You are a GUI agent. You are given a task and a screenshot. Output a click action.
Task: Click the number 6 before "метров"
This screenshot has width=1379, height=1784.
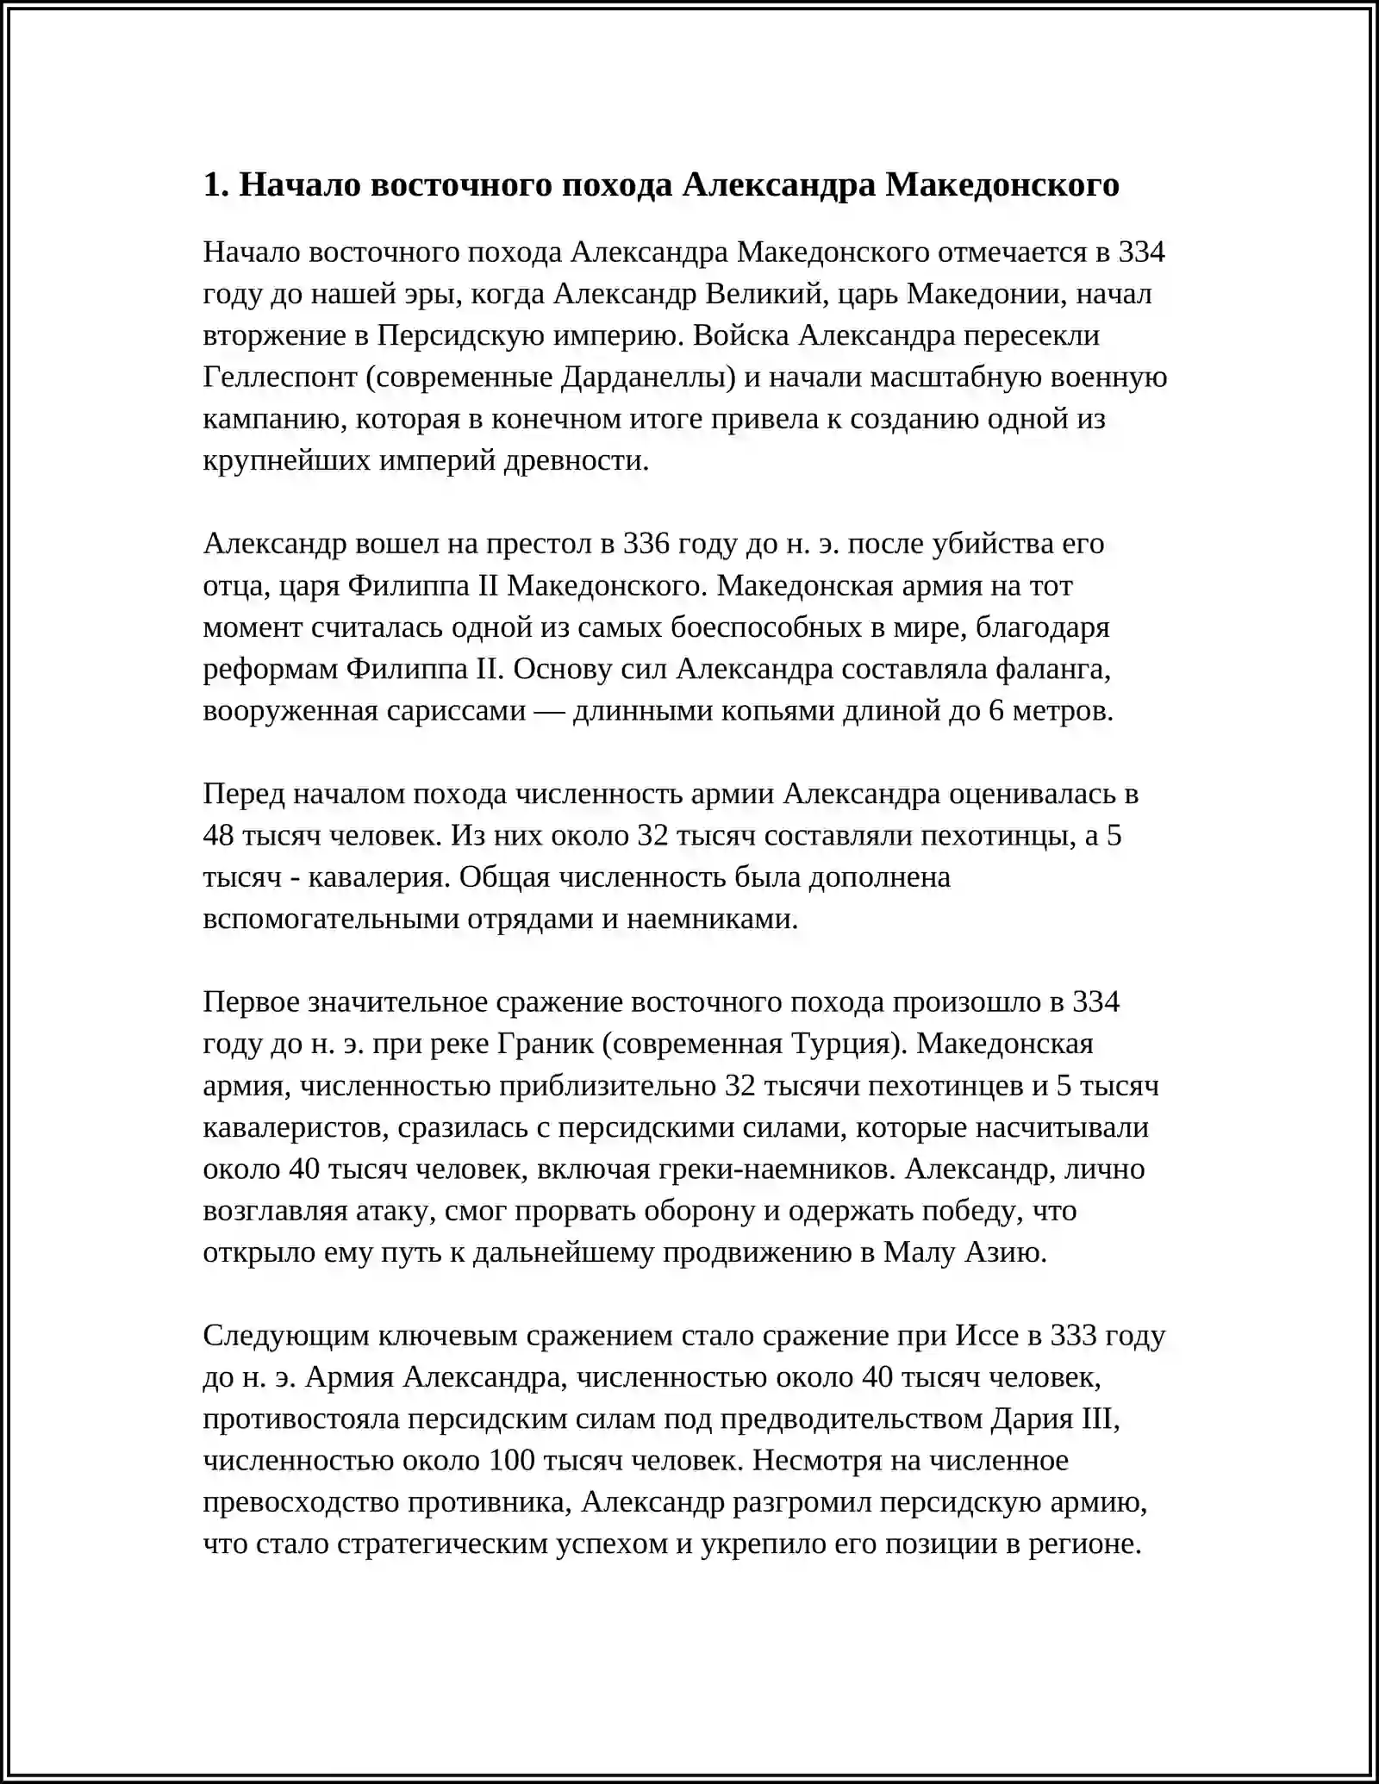(996, 711)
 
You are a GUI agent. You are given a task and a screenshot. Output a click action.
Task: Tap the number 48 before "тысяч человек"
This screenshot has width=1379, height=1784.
(219, 836)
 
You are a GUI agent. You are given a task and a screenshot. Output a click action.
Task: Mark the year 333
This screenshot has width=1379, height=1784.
(1074, 1335)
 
